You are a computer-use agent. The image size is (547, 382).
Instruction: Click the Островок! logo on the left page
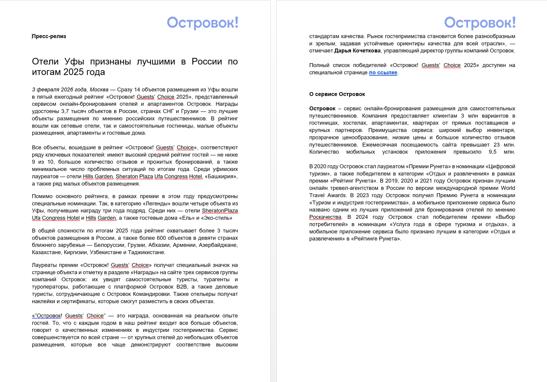pyautogui.click(x=203, y=23)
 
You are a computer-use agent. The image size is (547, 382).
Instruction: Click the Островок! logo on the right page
pyautogui.click(x=480, y=23)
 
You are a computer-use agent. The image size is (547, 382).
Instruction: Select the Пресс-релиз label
pyautogui.click(x=49, y=36)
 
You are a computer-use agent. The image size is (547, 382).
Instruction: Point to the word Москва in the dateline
pyautogui.click(x=99, y=90)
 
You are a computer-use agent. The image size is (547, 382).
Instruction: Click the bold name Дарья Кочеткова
pyautogui.click(x=357, y=51)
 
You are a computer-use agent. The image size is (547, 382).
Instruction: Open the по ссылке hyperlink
pyautogui.click(x=383, y=73)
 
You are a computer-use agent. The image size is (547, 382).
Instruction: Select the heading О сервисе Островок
pyautogui.click(x=337, y=94)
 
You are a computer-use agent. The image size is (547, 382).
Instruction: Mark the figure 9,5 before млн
pyautogui.click(x=493, y=152)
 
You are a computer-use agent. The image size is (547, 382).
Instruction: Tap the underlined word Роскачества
pyautogui.click(x=325, y=217)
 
